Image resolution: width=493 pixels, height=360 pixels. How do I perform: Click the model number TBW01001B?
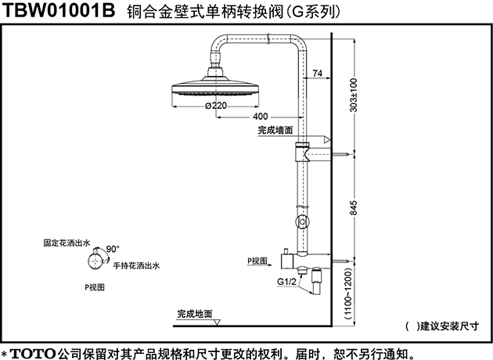click(x=59, y=10)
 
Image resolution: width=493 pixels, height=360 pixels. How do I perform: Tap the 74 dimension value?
click(x=318, y=74)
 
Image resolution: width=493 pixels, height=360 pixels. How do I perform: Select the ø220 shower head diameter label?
click(x=216, y=106)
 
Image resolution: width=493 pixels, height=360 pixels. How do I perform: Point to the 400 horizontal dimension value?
click(x=261, y=117)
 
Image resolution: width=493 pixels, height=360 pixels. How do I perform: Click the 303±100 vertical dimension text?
click(x=354, y=95)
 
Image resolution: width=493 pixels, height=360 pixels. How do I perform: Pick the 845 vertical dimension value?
click(x=354, y=208)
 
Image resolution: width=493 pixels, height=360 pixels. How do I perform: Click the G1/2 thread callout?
click(x=286, y=282)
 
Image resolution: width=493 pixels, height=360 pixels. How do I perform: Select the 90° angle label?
click(x=113, y=249)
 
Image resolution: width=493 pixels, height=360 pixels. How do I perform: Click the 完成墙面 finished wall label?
click(x=275, y=130)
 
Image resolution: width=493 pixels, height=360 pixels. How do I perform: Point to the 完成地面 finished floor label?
click(x=195, y=314)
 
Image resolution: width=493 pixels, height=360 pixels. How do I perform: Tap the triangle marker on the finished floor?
click(x=217, y=322)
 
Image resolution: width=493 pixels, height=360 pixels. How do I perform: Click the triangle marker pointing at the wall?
click(x=327, y=139)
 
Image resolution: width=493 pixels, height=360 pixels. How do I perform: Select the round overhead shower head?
click(x=216, y=85)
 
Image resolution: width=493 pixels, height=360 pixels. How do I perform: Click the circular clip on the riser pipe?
click(x=303, y=221)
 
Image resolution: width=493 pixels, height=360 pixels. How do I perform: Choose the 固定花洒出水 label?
click(x=67, y=243)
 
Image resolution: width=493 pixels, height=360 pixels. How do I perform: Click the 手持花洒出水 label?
click(x=136, y=266)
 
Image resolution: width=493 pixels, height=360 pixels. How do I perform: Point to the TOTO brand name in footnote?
click(x=33, y=354)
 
